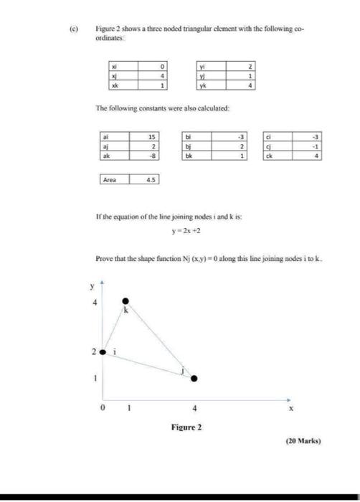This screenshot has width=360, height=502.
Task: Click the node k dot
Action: [x=126, y=301]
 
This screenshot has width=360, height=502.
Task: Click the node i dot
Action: [x=103, y=352]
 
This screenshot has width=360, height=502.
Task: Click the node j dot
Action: [x=194, y=378]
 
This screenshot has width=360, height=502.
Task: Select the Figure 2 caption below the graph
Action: [x=186, y=427]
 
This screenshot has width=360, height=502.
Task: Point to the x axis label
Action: [x=291, y=408]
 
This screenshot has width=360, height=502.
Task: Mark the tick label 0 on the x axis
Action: [x=103, y=409]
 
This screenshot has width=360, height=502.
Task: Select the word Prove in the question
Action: [x=105, y=257]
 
